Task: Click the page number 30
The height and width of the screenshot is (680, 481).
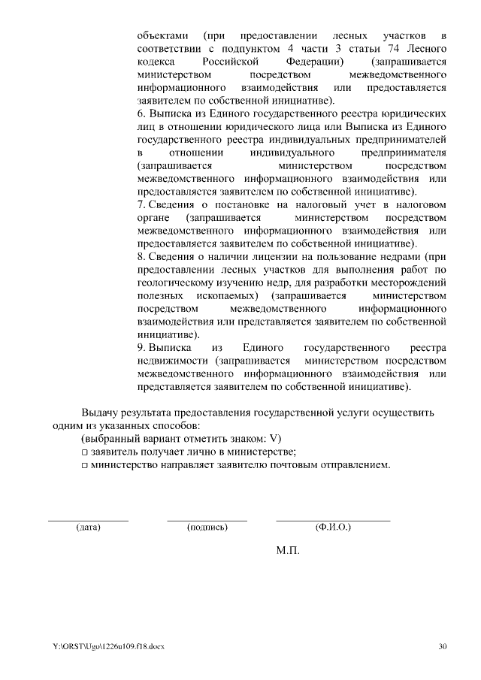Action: pos(442,646)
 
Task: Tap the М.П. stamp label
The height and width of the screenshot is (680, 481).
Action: pos(288,551)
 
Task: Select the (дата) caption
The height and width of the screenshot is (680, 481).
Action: pos(89,527)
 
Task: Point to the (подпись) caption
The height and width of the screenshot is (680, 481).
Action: pos(207,527)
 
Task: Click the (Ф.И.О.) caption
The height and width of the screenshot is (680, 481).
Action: pos(333,527)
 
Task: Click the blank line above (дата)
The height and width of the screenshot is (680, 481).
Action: pos(89,519)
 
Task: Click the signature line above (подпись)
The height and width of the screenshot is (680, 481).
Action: pos(207,519)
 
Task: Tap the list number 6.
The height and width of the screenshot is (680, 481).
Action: pos(141,114)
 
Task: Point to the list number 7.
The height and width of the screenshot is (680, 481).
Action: pos(141,205)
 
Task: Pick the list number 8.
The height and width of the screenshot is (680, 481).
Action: pos(141,258)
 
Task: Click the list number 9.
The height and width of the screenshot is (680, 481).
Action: pos(141,349)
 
